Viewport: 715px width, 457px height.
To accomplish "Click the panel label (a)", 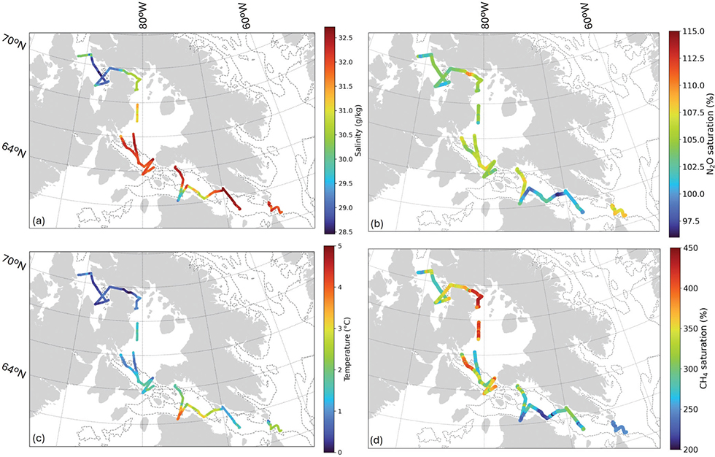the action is [x=39, y=221].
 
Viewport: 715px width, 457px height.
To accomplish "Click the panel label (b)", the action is [x=379, y=221].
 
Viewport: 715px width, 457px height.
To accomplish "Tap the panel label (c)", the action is [x=39, y=439].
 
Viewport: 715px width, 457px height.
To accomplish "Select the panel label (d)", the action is [x=379, y=440].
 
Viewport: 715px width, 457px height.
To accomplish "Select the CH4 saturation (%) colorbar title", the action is [x=703, y=350].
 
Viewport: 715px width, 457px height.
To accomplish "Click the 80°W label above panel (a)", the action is [x=144, y=16].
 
